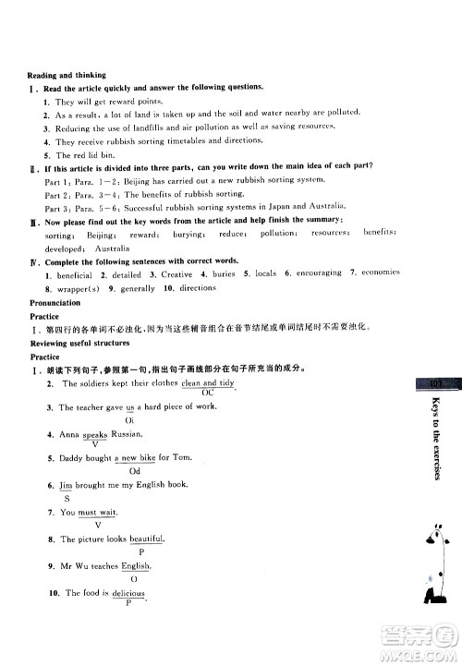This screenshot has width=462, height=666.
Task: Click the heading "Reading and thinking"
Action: click(66, 75)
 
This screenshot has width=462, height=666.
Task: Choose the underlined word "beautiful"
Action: click(146, 539)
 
